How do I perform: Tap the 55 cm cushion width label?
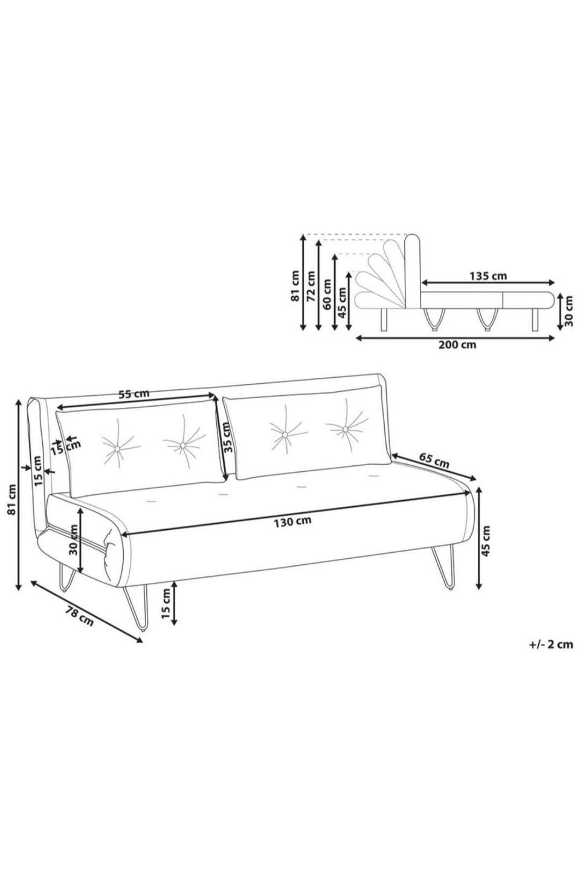[x=134, y=394]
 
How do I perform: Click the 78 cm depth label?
[x=79, y=616]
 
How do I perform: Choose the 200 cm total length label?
[x=457, y=345]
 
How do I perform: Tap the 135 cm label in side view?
[x=488, y=276]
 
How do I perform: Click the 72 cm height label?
[x=311, y=286]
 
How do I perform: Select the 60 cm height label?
[x=327, y=294]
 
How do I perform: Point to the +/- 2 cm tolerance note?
[x=551, y=645]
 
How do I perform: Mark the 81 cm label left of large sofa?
[x=12, y=499]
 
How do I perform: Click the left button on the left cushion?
[x=117, y=449]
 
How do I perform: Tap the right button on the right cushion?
[x=345, y=428]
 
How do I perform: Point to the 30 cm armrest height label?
[x=74, y=540]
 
